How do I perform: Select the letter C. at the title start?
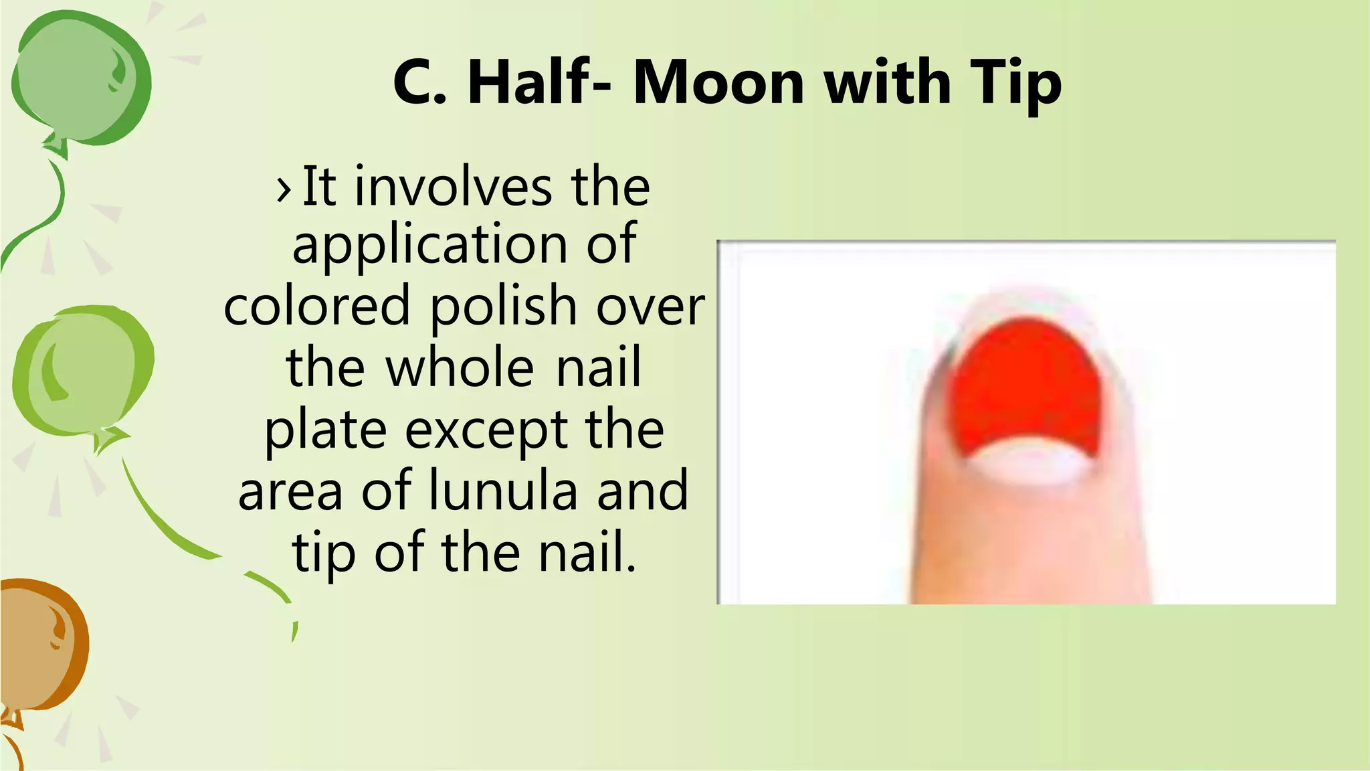point(419,83)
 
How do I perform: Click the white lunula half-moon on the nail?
point(1027,463)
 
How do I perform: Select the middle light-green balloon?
point(82,371)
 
